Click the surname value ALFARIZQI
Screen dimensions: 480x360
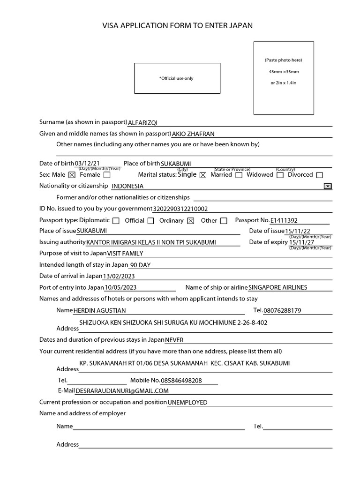tap(143, 123)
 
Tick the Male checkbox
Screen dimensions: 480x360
tap(72, 175)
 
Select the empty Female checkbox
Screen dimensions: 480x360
tap(107, 175)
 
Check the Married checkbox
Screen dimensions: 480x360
tap(239, 175)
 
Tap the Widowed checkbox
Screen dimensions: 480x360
tap(280, 175)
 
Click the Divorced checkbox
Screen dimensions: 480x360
tap(320, 175)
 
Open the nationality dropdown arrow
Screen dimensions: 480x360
tap(328, 186)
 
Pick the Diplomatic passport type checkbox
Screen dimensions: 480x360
tap(116, 221)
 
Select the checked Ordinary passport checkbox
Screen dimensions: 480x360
tap(190, 221)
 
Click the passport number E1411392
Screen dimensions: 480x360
tap(284, 220)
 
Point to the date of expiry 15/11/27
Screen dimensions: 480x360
tap(302, 242)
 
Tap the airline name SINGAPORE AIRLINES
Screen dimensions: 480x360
tap(278, 287)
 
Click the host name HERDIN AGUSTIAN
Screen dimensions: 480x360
tap(99, 310)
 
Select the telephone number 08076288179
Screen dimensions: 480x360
tap(283, 310)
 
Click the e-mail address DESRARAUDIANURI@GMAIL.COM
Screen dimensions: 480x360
tap(122, 391)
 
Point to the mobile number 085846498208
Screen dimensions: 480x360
tap(181, 381)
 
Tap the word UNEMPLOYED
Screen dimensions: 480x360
tap(187, 402)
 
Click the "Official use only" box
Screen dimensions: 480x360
tap(177, 78)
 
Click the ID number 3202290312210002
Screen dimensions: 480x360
tap(180, 209)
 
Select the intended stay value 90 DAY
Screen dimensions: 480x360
tap(140, 265)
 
